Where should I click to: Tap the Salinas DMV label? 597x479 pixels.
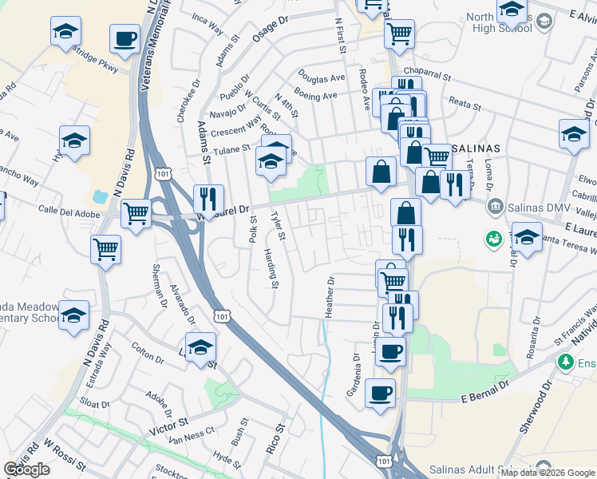coord(532,208)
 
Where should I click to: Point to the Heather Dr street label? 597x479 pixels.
coord(329,297)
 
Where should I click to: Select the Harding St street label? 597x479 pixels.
coord(271,268)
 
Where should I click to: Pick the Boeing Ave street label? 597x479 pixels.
coord(316,96)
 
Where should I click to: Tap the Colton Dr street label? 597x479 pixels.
coord(148,348)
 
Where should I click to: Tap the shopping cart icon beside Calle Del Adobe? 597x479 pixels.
coord(136,212)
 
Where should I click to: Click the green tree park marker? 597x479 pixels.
coord(566,362)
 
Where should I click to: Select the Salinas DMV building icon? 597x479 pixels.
coord(495,208)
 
